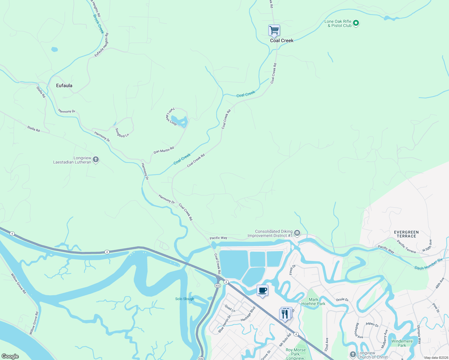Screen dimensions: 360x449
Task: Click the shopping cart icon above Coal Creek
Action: (274, 30)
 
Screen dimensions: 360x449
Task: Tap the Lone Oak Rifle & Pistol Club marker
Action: (356, 23)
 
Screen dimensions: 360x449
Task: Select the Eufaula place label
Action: (64, 85)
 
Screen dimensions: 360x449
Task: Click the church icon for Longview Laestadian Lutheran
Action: (96, 160)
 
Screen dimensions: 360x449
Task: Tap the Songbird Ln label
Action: (122, 133)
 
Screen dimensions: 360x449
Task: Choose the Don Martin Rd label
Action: (164, 150)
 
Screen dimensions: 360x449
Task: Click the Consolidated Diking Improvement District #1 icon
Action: (297, 233)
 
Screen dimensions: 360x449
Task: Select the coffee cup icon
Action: (262, 290)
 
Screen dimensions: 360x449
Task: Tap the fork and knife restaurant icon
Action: (285, 314)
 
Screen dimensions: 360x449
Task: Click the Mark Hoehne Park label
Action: (313, 301)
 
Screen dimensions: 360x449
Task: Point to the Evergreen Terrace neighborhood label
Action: (406, 234)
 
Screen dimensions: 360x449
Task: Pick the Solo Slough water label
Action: (185, 299)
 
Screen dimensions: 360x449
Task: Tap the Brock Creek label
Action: (98, 24)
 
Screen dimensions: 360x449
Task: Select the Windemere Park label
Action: (402, 343)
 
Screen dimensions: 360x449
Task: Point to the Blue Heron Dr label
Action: (225, 324)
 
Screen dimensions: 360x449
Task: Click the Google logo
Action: (10, 356)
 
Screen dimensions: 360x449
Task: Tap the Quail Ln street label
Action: (230, 308)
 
